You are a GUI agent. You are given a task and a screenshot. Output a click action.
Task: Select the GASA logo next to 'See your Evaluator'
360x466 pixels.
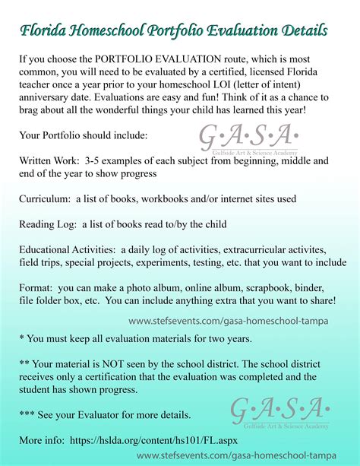tap(279, 411)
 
